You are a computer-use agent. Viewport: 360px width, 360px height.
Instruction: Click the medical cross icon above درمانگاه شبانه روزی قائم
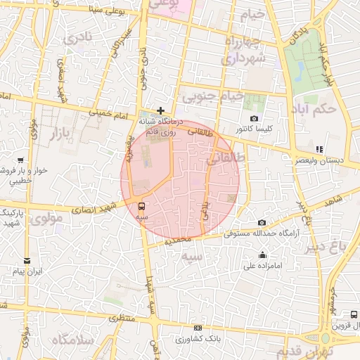(x=161, y=110)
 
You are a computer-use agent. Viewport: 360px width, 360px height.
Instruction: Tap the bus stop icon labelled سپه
(x=143, y=207)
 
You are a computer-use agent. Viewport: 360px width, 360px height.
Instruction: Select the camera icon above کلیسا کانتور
(x=254, y=119)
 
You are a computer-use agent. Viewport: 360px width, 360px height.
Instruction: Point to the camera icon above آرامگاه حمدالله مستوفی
(x=262, y=222)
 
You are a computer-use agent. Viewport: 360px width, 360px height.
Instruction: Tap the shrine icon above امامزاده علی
(x=263, y=255)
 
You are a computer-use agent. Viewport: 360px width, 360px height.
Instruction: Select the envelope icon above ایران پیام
(x=27, y=260)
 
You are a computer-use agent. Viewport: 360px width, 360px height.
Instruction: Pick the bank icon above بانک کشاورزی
(x=198, y=328)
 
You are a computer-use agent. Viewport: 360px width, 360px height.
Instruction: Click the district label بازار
(x=51, y=133)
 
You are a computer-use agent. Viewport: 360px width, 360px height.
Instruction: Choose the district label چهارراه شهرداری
(x=243, y=51)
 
